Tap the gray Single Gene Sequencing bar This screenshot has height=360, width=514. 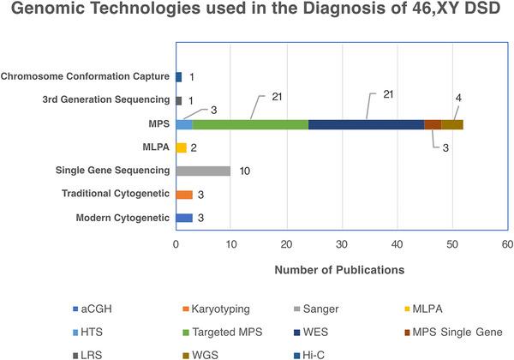203,171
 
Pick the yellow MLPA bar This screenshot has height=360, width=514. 181,147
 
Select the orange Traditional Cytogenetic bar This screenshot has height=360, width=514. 183,195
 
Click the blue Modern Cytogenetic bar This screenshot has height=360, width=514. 183,218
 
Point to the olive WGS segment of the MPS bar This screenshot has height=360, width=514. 452,124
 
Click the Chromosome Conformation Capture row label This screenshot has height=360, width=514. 86,77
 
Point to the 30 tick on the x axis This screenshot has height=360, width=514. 342,245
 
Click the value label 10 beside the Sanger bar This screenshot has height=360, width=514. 243,171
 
